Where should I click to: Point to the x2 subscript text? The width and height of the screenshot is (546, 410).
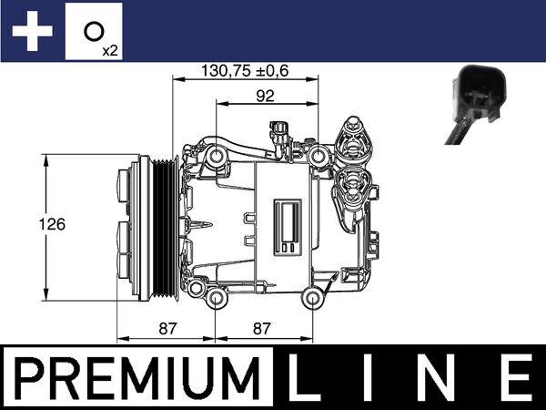[110, 51]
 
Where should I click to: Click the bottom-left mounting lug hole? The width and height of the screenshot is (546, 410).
[216, 299]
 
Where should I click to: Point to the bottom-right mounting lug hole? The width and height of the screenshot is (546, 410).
[314, 298]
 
